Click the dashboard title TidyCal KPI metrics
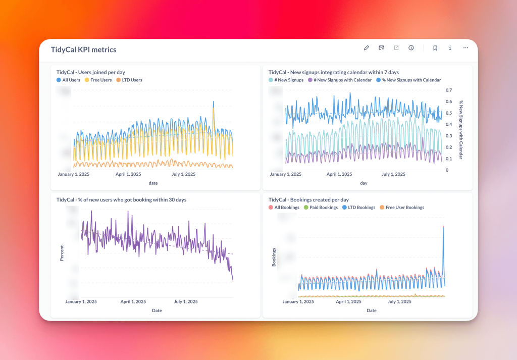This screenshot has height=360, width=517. (83, 49)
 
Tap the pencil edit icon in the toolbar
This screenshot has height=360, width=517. (367, 48)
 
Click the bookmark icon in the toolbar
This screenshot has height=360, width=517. (435, 48)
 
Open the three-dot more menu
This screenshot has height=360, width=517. (466, 48)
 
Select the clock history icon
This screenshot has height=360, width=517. (411, 48)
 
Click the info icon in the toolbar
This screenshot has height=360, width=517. (450, 48)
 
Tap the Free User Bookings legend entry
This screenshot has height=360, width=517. (402, 208)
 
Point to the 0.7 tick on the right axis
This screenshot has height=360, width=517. (448, 90)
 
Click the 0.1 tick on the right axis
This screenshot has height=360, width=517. (448, 159)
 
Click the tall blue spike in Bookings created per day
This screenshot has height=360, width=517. (443, 227)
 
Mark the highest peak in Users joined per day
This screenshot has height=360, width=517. (214, 102)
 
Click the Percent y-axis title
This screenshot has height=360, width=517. (62, 253)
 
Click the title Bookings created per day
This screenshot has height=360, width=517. (308, 200)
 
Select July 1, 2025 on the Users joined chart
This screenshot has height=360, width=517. (184, 174)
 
